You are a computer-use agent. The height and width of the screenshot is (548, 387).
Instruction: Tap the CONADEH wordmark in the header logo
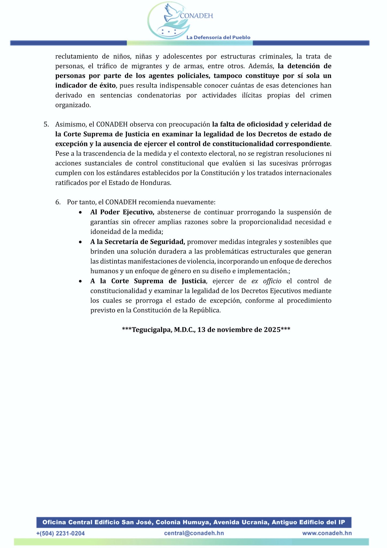pyautogui.click(x=196, y=16)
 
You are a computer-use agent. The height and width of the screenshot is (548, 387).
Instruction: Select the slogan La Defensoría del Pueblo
pyautogui.click(x=218, y=37)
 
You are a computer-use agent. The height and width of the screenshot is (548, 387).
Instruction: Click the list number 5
pyautogui.click(x=46, y=124)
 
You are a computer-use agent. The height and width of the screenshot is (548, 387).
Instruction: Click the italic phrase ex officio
pyautogui.click(x=266, y=281)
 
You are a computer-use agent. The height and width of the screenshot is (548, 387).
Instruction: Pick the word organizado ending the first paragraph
pyautogui.click(x=73, y=105)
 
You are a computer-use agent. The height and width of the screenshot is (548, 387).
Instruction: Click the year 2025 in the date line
pyautogui.click(x=272, y=330)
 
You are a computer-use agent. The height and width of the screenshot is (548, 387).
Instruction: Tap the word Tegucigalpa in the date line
pyautogui.click(x=152, y=330)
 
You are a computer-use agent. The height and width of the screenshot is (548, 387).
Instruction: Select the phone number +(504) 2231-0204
pyautogui.click(x=61, y=533)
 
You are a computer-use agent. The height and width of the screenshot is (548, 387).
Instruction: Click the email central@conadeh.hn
pyautogui.click(x=194, y=533)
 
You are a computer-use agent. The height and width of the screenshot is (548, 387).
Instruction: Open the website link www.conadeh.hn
pyautogui.click(x=327, y=533)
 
